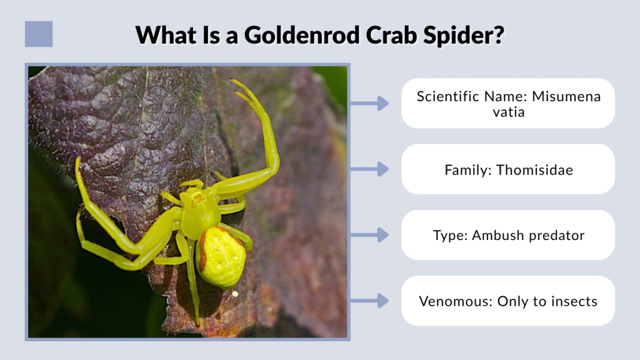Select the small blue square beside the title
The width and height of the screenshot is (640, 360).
[x=39, y=34]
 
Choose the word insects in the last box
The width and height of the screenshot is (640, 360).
[x=574, y=301]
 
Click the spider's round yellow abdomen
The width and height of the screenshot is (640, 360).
[x=222, y=256]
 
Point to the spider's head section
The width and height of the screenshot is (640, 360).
[x=199, y=209]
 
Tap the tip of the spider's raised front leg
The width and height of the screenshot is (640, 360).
[x=234, y=82]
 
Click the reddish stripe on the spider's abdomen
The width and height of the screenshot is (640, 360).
[x=202, y=250]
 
